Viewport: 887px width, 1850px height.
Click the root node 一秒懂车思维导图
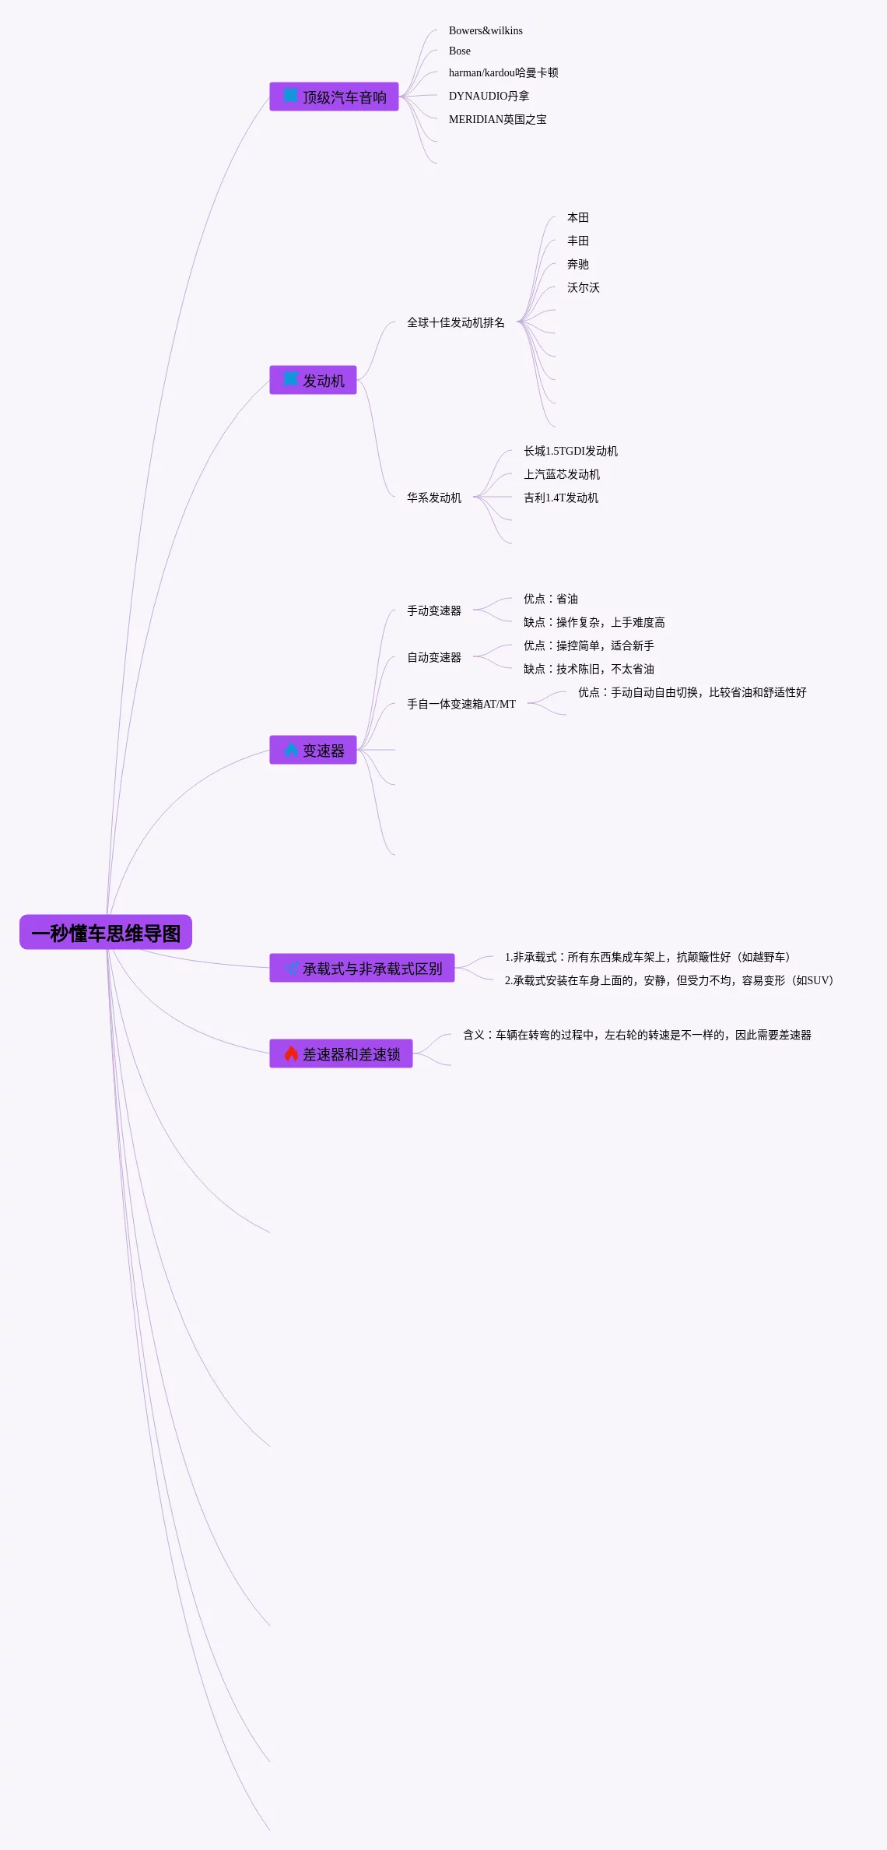[x=106, y=933]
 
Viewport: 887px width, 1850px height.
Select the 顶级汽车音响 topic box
[x=335, y=97]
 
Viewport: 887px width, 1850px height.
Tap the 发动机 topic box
[x=314, y=381]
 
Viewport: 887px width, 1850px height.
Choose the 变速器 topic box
[x=314, y=751]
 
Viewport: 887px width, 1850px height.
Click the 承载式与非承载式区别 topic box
[x=363, y=969]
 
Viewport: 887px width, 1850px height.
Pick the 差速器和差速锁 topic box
[x=342, y=1054]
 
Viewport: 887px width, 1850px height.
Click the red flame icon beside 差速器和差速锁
[x=291, y=1054]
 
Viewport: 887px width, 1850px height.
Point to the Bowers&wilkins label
[x=486, y=31]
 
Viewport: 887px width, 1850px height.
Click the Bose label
[x=460, y=51]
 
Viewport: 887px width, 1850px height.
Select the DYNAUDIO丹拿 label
[x=489, y=97]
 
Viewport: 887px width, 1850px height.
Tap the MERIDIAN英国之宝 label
[x=497, y=120]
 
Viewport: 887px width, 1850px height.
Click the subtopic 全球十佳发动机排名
[x=455, y=322]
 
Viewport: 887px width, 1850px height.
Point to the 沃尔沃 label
[x=583, y=288]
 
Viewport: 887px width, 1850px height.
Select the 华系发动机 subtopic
[x=433, y=498]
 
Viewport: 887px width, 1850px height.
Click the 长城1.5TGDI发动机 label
[x=570, y=452]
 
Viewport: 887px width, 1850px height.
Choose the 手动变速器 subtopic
[x=433, y=611]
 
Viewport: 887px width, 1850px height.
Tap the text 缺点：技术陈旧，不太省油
[x=588, y=670]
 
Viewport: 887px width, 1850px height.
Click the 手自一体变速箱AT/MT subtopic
[x=461, y=705]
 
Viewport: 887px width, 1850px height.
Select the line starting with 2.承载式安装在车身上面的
[x=668, y=981]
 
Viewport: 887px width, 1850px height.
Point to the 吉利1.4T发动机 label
[x=560, y=498]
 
